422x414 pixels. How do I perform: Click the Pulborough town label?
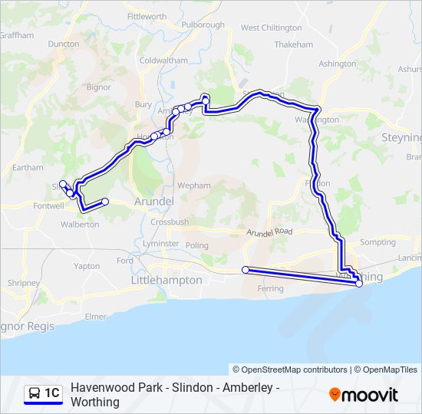(203, 25)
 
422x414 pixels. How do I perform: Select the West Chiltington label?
(272, 28)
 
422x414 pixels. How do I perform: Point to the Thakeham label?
(293, 44)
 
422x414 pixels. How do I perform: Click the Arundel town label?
(154, 201)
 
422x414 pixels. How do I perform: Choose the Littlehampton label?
(166, 281)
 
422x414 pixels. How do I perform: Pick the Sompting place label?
(377, 242)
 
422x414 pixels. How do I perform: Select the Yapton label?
(87, 266)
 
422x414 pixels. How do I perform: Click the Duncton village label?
(64, 44)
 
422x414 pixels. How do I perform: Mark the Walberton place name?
(80, 225)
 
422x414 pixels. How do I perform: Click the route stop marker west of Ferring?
(246, 270)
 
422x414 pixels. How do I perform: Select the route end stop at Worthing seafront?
(359, 284)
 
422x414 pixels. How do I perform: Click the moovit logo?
(364, 395)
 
